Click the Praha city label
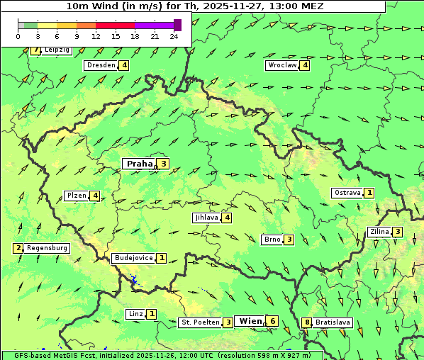click(139, 164)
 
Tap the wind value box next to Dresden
click(124, 65)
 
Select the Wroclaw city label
click(281, 65)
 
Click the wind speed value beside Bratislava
click(307, 322)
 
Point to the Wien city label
click(250, 321)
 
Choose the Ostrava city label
click(347, 193)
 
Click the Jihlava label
click(206, 218)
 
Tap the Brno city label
click(272, 240)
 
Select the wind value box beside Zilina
click(398, 232)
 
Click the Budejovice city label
click(133, 258)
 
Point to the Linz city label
click(135, 314)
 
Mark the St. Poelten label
click(200, 322)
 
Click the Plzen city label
click(77, 196)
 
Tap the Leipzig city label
click(57, 50)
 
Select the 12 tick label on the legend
click(96, 36)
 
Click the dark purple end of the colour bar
click(177, 25)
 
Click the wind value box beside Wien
click(273, 321)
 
